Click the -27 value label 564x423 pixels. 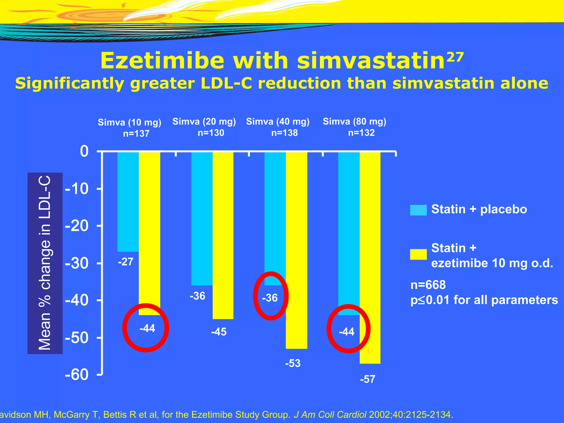[126, 262]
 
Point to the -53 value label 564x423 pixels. [292, 364]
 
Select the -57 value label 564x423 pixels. [367, 379]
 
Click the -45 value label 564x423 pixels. [219, 332]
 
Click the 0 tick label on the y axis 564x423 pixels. [84, 151]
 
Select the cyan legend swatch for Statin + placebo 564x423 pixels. [418, 210]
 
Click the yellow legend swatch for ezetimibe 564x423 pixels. [418, 254]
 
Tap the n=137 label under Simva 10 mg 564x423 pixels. [136, 134]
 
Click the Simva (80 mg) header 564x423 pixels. [354, 121]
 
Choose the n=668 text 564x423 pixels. [428, 285]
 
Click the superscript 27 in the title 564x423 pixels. [455, 57]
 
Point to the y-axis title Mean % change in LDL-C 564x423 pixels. [45, 263]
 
